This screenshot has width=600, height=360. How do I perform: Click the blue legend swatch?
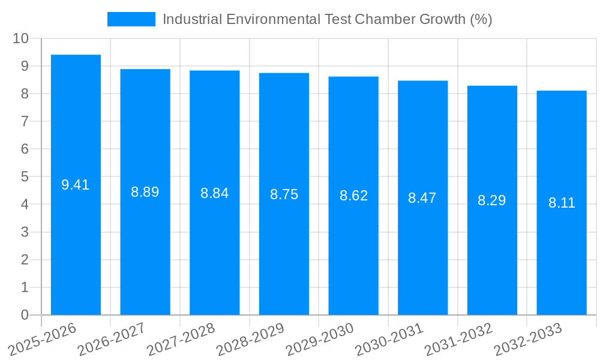(131, 19)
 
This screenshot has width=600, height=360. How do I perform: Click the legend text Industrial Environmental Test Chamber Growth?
(327, 19)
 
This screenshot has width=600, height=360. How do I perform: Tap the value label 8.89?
(145, 192)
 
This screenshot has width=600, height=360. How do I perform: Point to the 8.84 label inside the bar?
(214, 193)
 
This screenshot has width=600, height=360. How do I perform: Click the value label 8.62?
(353, 196)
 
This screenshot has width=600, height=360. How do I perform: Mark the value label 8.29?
(492, 200)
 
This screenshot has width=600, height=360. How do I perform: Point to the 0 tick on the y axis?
(25, 315)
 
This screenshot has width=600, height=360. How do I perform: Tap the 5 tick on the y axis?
(25, 177)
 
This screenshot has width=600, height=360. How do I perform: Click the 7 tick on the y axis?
(25, 121)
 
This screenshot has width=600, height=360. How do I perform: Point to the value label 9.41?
(76, 185)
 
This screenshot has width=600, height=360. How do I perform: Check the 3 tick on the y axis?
(25, 232)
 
